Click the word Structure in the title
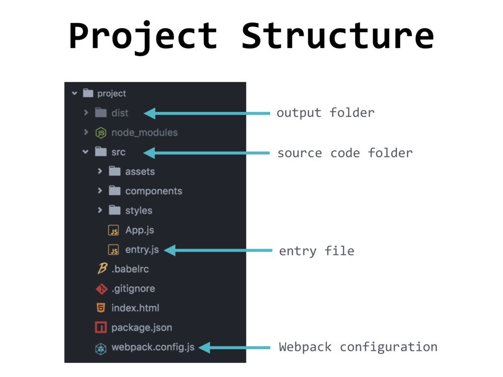coord(337,36)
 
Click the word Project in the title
coord(143,36)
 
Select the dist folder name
coord(120,113)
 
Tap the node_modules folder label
coord(144,133)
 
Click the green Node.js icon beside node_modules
coord(101,133)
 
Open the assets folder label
coord(140,171)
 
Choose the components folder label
coord(153,191)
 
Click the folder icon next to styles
coord(114,210)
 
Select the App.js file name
coord(140,230)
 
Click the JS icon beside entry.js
coord(113,250)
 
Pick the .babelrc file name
coord(130,269)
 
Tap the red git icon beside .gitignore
coord(101,289)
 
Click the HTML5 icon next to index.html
coord(101,308)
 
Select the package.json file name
coord(141,327)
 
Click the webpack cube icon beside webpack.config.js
coord(101,348)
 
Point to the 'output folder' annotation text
coord(325,113)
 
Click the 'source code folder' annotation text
coord(345,153)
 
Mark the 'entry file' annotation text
coord(316,251)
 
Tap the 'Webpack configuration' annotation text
coord(358,347)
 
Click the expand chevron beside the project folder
coord(74,93)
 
